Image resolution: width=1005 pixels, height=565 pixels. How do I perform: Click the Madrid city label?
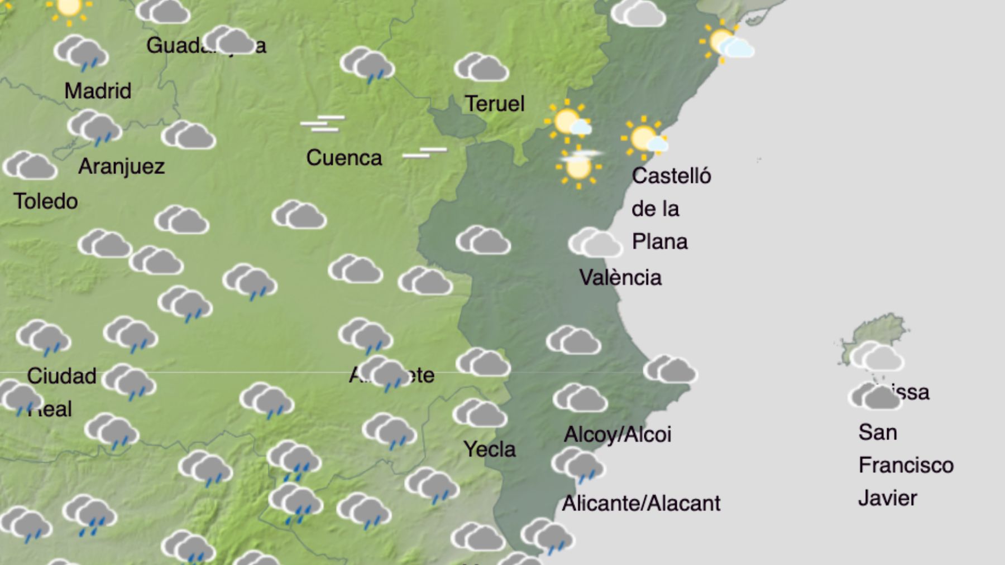(x=98, y=91)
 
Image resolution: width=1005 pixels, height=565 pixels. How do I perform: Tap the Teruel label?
(x=495, y=104)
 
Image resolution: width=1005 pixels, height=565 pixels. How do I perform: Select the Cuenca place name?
(x=344, y=158)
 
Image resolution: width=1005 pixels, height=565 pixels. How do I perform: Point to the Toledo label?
(x=46, y=201)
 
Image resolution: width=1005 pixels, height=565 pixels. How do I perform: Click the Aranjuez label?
(x=121, y=166)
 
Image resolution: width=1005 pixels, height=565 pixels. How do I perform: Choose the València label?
(x=620, y=277)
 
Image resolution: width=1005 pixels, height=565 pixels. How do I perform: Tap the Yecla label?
(x=489, y=449)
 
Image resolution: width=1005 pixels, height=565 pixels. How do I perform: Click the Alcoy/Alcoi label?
(x=618, y=434)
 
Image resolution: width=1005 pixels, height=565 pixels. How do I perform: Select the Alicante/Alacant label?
(x=641, y=504)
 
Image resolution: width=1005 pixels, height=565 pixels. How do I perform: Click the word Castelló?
(x=671, y=176)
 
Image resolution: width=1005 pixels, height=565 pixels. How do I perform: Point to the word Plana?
(x=659, y=242)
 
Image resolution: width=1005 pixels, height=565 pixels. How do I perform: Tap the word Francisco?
(x=906, y=465)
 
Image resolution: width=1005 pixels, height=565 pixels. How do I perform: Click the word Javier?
(x=887, y=498)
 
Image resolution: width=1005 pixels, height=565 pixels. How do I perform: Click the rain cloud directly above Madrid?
(x=82, y=53)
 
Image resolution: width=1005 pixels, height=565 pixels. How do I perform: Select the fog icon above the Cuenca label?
(x=323, y=123)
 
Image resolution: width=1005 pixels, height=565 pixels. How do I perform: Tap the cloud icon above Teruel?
(x=481, y=68)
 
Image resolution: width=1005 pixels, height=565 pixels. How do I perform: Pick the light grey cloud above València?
(x=595, y=243)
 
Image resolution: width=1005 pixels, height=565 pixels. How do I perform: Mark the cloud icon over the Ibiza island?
(x=877, y=356)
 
